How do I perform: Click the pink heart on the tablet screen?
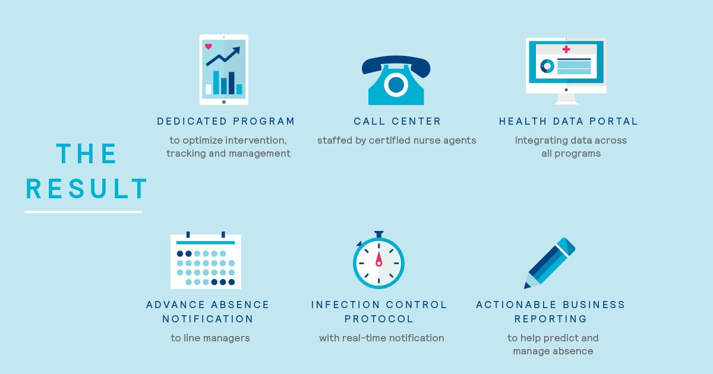click(209, 46)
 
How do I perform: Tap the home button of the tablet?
click(224, 102)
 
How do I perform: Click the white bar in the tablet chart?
click(209, 89)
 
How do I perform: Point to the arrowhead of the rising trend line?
click(236, 51)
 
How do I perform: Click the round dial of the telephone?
click(396, 85)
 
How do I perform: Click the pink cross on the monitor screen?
click(566, 49)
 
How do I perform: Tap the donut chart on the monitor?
click(547, 66)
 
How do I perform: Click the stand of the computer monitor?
click(566, 99)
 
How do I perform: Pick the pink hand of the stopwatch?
click(379, 259)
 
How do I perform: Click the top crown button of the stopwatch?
click(379, 234)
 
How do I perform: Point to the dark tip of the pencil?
click(526, 286)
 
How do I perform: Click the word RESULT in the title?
click(87, 189)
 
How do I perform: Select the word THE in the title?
click(87, 154)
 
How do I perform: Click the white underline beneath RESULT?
click(83, 212)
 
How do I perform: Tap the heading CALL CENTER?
click(397, 121)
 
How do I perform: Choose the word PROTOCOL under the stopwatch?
click(379, 319)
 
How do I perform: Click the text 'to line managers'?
click(210, 338)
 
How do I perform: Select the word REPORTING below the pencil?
click(551, 319)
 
